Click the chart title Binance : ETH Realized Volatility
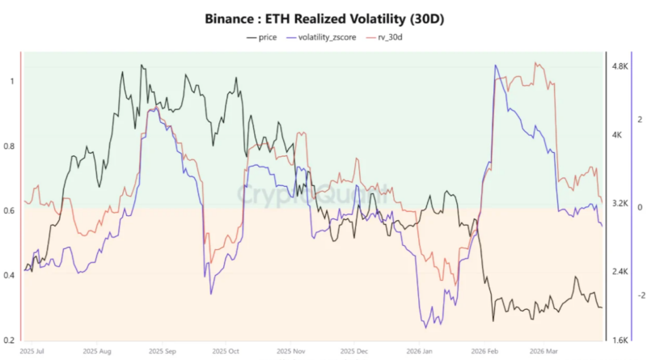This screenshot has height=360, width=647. tap(323, 18)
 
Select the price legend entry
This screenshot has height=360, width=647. tap(263, 37)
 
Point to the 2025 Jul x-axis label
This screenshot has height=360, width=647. tap(33, 352)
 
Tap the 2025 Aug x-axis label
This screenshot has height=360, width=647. tap(96, 352)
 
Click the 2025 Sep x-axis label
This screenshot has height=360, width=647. tap(162, 352)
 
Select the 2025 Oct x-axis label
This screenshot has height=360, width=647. tap(226, 352)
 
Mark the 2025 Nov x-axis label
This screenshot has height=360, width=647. tap(290, 352)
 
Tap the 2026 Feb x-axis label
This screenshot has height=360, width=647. tap(483, 352)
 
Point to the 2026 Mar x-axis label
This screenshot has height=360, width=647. tap(544, 352)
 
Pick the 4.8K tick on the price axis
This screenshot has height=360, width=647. tap(621, 66)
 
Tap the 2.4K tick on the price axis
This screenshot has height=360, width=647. tap(621, 271)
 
